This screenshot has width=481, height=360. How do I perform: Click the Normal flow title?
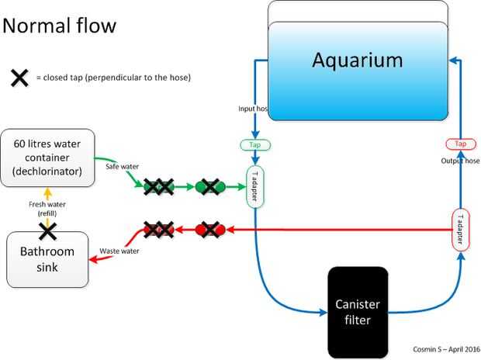tap(60, 26)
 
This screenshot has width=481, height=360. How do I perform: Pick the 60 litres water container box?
tap(47, 157)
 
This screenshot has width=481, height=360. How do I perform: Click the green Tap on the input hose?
tap(255, 145)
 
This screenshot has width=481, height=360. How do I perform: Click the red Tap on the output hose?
tap(461, 144)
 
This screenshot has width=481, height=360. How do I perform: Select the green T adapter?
tap(255, 186)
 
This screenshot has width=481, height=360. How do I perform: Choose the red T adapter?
tap(461, 229)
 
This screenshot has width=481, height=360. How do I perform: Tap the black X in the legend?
tap(20, 78)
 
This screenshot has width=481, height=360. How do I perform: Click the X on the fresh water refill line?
tap(48, 230)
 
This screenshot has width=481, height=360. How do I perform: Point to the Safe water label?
tap(120, 164)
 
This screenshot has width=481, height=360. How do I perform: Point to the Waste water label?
tap(119, 251)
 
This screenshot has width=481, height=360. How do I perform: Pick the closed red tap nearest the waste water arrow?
tap(157, 230)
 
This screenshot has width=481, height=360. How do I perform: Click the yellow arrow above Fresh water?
tap(48, 193)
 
